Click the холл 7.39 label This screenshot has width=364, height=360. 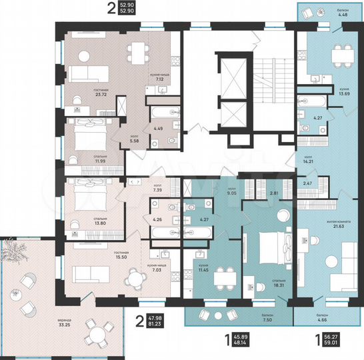(x=158, y=188)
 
